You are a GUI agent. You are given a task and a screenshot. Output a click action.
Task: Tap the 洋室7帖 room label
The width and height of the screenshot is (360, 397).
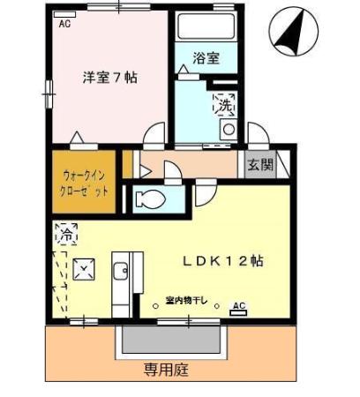click(110, 77)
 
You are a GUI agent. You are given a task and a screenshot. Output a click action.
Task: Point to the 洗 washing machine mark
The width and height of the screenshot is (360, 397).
click(225, 105)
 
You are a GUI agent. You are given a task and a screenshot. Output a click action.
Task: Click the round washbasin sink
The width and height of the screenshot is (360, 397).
click(229, 130)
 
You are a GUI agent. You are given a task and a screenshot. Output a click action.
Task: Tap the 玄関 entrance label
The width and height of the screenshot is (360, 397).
click(259, 164)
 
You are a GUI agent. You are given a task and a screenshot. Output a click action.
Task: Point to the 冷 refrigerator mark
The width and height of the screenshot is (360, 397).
click(65, 235)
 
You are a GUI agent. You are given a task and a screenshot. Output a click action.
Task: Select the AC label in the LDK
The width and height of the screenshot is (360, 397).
click(237, 305)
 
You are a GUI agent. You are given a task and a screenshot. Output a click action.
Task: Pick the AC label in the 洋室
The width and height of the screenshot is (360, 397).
click(64, 24)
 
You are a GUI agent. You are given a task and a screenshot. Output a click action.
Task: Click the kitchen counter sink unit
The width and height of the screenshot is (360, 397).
click(123, 273)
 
